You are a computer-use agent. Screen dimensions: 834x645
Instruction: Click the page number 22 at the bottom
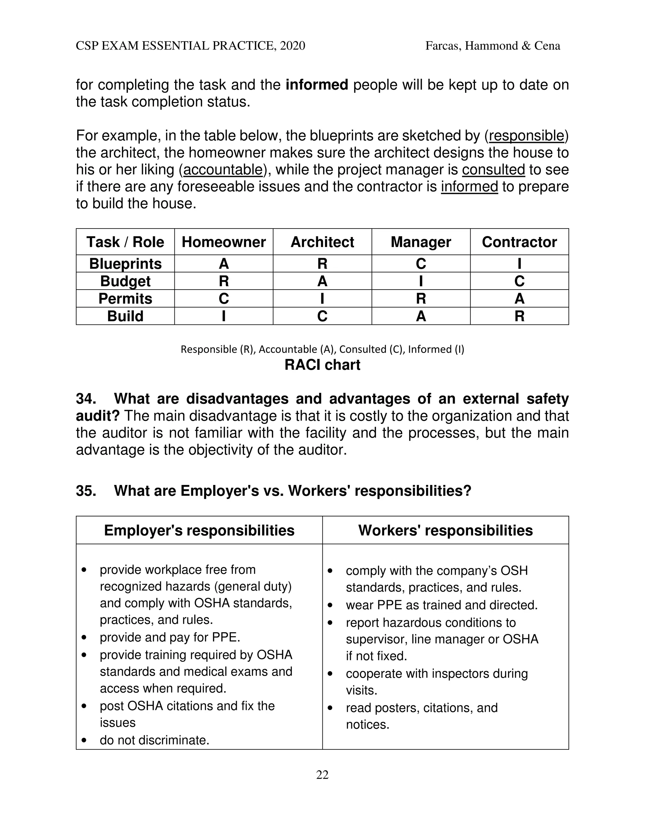pos(322,775)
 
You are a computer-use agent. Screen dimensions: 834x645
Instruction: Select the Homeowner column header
pos(224,242)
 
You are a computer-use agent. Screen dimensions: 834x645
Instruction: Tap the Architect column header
pos(322,242)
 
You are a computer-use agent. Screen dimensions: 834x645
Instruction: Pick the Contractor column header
pos(519,242)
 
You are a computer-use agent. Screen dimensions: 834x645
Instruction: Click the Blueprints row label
pos(125,264)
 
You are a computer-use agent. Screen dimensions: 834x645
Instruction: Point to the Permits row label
pos(125,299)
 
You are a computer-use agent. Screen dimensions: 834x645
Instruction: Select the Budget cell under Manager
pos(421,281)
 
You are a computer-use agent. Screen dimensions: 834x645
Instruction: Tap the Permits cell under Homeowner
pos(224,299)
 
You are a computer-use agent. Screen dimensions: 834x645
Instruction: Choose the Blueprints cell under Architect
pos(322,264)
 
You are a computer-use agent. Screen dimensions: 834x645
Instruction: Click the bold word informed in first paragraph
pos(317,85)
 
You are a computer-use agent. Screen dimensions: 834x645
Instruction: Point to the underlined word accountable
pos(223,170)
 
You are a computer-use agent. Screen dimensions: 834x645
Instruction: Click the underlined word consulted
pos(493,170)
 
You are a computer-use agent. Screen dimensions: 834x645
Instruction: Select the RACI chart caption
pos(322,365)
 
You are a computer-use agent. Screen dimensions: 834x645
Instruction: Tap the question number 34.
pos(86,399)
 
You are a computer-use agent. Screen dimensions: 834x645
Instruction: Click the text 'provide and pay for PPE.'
pos(170,637)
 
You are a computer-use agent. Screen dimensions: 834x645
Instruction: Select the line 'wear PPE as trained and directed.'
pos(441,605)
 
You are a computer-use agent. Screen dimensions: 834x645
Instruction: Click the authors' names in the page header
pos(493,46)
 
